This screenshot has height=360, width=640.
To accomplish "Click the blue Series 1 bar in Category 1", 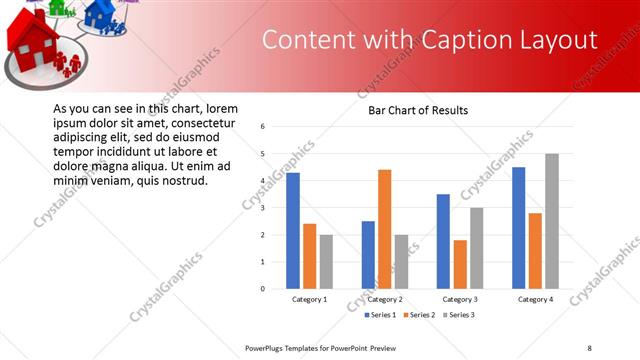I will click(293, 230).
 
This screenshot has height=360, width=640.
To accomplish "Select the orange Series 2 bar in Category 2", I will click(385, 229).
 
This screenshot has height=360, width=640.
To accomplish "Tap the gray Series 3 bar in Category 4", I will click(552, 221).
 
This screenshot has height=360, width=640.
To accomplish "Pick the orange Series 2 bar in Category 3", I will click(460, 264).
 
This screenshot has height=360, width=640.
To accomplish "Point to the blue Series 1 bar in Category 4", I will click(518, 227).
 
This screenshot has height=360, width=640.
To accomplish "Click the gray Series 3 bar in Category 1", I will click(326, 261).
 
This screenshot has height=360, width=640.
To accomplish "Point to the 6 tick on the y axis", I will click(262, 127).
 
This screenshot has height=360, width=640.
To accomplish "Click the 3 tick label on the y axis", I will click(262, 208).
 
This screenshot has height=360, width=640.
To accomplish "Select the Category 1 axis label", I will click(309, 299).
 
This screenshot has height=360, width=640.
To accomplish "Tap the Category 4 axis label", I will click(535, 299).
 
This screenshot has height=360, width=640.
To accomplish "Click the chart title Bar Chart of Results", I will click(412, 110).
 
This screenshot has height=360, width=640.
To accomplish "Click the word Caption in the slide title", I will click(451, 40).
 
